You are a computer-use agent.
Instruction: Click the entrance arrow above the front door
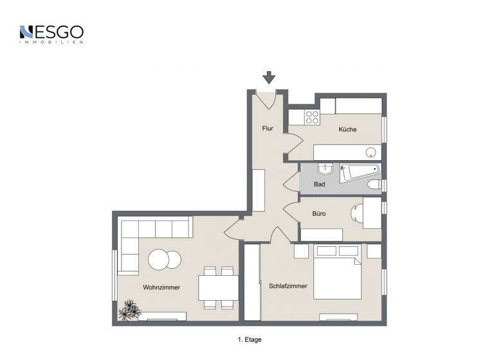click(269, 77)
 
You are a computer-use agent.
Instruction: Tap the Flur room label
click(268, 129)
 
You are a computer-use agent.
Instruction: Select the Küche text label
click(347, 129)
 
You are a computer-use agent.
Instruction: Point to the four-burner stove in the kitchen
click(312, 117)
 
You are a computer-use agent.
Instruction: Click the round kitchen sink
click(370, 152)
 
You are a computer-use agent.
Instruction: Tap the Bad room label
click(319, 184)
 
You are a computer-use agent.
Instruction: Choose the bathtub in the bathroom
click(360, 172)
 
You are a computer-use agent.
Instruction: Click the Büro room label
click(319, 213)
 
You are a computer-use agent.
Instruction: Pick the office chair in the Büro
click(356, 213)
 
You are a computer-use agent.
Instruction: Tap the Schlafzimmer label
click(288, 286)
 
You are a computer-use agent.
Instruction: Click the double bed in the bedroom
click(338, 273)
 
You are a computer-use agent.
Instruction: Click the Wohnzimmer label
click(161, 287)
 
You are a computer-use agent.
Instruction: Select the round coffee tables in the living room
click(165, 260)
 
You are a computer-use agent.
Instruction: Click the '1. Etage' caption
click(249, 339)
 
